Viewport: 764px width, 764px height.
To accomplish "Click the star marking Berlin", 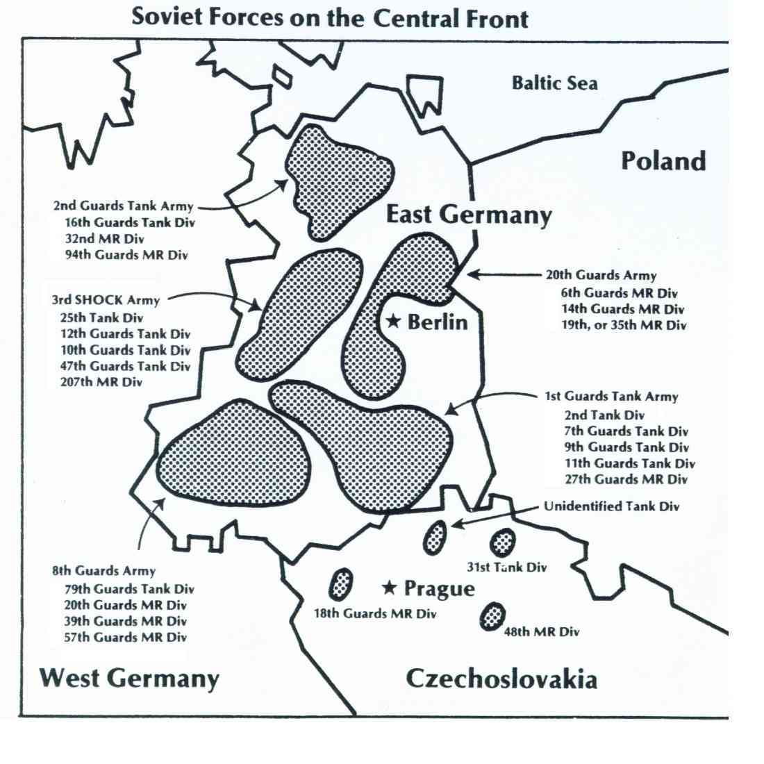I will [x=393, y=321].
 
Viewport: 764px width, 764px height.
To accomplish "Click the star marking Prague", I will [x=390, y=588].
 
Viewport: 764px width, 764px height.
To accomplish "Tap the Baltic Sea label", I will [x=554, y=83].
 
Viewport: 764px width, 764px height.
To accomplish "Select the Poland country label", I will [x=663, y=160].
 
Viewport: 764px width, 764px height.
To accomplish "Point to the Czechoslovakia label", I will [x=501, y=678].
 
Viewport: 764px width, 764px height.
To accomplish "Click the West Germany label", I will [x=129, y=677].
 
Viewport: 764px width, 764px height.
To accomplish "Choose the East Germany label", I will [x=468, y=215].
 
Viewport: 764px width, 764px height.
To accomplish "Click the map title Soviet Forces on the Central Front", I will [x=330, y=17].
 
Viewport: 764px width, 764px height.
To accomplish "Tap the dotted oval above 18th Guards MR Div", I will [x=340, y=584].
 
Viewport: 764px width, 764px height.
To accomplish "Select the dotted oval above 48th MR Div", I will [x=493, y=615].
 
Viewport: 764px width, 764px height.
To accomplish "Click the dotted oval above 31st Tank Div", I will [x=502, y=542].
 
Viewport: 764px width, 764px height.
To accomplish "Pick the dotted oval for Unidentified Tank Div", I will [x=435, y=537].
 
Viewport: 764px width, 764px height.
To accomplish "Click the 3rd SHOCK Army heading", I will [x=106, y=301].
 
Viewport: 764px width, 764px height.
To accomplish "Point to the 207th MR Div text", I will [x=101, y=382].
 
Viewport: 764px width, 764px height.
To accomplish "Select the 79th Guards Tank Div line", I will [x=129, y=589].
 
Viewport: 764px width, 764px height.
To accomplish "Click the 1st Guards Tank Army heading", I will [x=611, y=397].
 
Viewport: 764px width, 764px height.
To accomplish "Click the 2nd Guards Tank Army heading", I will [x=122, y=206].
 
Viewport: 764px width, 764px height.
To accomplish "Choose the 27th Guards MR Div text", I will [x=626, y=479].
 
